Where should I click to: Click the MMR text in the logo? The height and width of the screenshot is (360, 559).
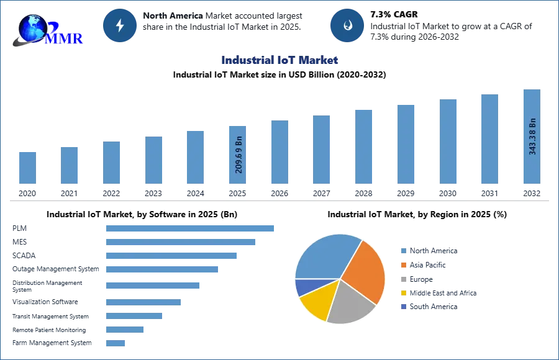click(65, 38)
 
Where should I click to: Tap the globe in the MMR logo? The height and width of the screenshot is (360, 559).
click(33, 28)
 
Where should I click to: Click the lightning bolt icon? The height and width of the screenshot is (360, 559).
click(120, 25)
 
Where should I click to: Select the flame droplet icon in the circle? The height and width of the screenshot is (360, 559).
click(347, 25)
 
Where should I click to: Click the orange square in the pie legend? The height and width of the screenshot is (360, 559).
click(403, 265)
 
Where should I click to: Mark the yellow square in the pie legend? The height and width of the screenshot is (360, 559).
click(403, 293)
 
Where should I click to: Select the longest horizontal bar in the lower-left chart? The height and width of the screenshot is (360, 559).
click(191, 228)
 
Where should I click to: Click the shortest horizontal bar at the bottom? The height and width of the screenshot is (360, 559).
click(116, 342)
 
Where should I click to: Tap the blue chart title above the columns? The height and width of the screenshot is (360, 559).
click(279, 61)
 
